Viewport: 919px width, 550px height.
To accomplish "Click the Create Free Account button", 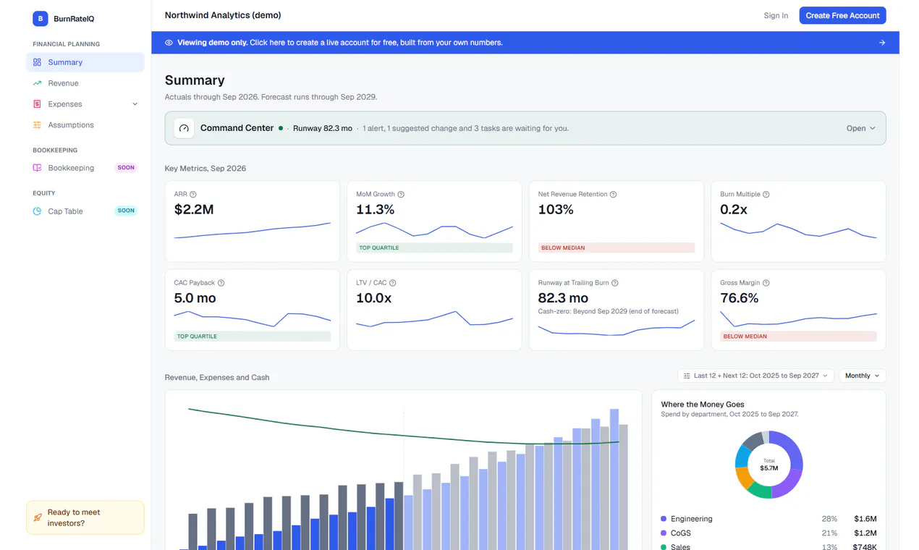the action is [842, 16].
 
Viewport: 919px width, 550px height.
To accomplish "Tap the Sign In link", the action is [776, 16].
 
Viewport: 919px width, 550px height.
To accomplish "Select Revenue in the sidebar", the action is [63, 83].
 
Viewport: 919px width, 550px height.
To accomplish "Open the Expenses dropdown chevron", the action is [135, 103].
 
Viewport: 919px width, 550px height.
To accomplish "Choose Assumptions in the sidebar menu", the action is [71, 124].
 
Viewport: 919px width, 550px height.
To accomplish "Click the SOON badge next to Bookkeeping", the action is [126, 167].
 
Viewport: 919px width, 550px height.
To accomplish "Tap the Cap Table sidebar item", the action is [65, 211].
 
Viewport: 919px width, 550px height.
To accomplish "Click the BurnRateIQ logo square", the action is [41, 19].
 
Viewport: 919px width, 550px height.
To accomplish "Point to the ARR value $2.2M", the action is [194, 209].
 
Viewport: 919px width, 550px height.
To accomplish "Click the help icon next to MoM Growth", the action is [401, 194].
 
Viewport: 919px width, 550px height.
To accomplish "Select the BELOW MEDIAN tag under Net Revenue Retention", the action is [617, 247].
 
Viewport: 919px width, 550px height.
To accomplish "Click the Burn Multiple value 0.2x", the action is [734, 209].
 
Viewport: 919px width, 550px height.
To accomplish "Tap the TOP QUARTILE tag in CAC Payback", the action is [253, 337].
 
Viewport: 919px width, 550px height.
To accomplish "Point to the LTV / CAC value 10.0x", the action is [374, 297].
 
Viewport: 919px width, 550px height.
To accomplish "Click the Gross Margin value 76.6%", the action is [740, 297].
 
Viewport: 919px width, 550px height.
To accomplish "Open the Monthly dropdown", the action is [863, 376].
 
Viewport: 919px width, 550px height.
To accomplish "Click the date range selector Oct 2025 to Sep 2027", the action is [755, 376].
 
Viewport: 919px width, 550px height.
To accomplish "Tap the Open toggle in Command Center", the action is [860, 128].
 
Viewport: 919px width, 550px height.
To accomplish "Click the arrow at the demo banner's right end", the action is [882, 43].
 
